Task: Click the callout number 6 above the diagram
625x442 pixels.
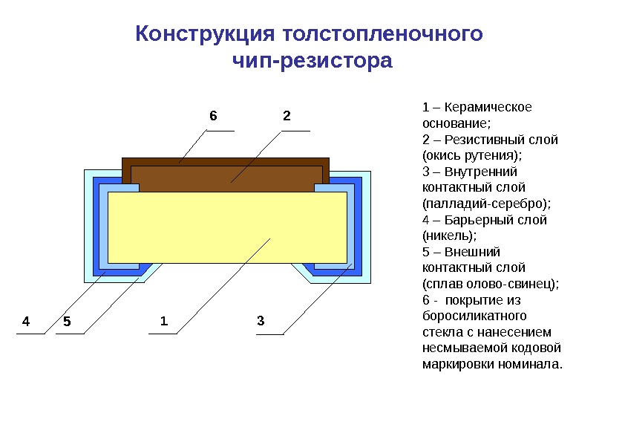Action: pyautogui.click(x=213, y=116)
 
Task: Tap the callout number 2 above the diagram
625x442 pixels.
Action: pyautogui.click(x=286, y=116)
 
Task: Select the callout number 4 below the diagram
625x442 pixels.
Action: pyautogui.click(x=26, y=322)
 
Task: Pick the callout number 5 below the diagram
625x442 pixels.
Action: pyautogui.click(x=67, y=322)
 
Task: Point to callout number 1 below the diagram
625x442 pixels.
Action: pyautogui.click(x=164, y=322)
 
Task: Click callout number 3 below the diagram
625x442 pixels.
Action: pyautogui.click(x=261, y=322)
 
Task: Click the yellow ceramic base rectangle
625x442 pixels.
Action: pyautogui.click(x=227, y=227)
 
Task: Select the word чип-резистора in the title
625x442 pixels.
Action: pyautogui.click(x=312, y=60)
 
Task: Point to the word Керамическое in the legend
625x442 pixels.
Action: pyautogui.click(x=488, y=107)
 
